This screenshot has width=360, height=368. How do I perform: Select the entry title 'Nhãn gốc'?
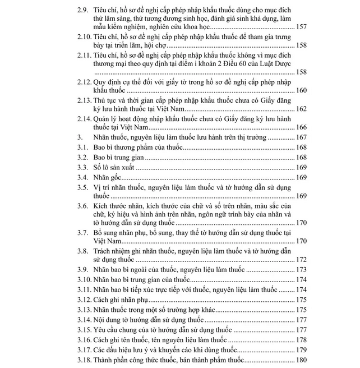coord(105,177)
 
